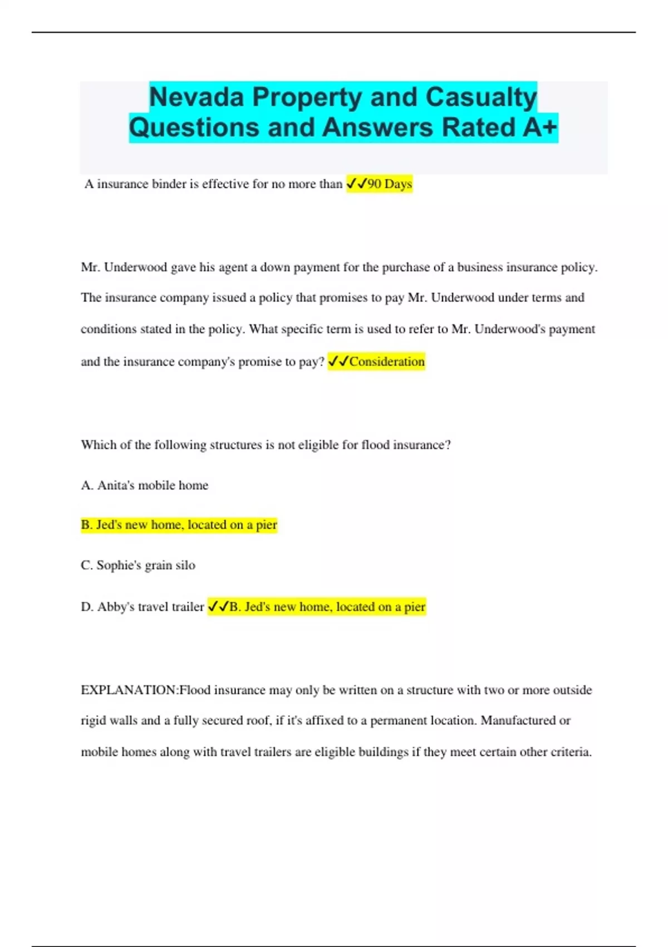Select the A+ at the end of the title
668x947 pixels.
click(540, 128)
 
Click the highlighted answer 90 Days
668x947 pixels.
click(390, 184)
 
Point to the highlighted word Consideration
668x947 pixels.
click(387, 362)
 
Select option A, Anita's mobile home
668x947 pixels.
click(145, 485)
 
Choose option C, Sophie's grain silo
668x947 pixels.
click(138, 565)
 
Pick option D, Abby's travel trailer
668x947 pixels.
click(143, 607)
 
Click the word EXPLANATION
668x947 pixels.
click(129, 690)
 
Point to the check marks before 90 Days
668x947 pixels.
click(356, 183)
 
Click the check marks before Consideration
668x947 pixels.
click(338, 362)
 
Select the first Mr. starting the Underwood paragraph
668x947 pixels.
click(90, 267)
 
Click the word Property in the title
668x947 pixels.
click(307, 97)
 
